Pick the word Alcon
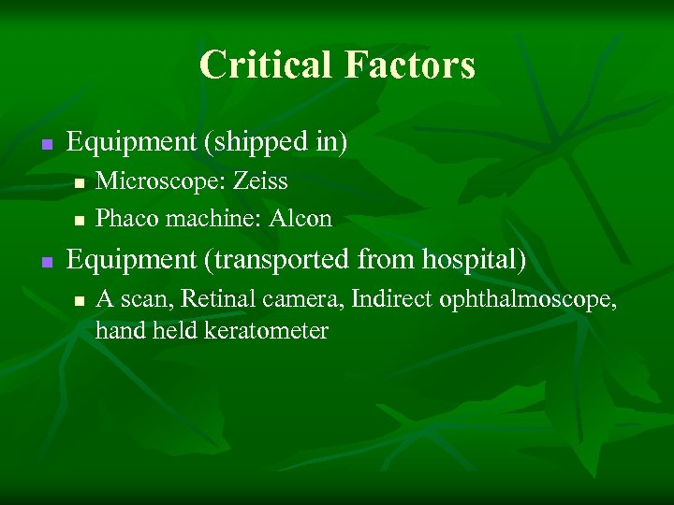tap(300, 219)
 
